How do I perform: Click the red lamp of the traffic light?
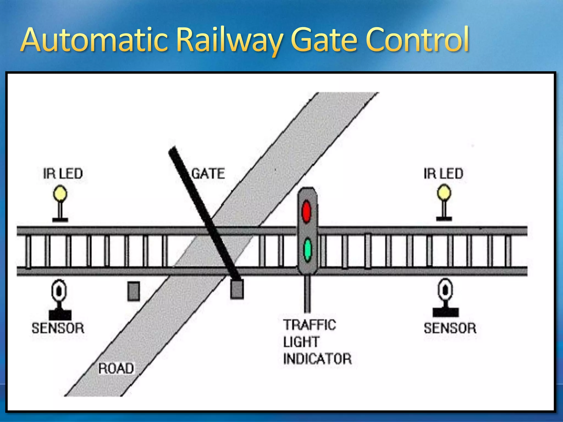(307, 211)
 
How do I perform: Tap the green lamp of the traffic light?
(307, 250)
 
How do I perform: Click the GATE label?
(208, 174)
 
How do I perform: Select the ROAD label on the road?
(116, 368)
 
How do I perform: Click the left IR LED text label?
(63, 174)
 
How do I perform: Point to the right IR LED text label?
(443, 174)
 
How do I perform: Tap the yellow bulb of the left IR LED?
(60, 193)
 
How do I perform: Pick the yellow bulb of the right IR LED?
(444, 193)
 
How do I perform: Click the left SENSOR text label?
(58, 328)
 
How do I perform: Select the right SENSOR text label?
(450, 328)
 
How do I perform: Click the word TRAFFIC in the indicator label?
(310, 325)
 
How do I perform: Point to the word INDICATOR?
(317, 359)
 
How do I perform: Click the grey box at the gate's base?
(237, 289)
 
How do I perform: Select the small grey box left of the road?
(134, 291)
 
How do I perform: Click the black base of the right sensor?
(445, 312)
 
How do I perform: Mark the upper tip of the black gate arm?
(173, 150)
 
